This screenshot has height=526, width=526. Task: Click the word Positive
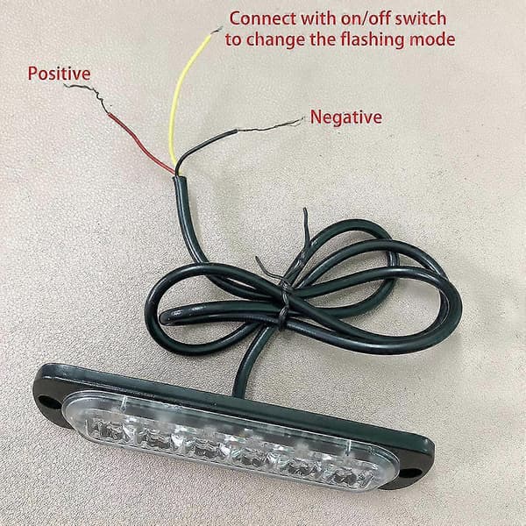(59, 74)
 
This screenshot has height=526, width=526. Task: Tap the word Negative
(346, 117)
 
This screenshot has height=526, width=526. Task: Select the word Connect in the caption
(263, 18)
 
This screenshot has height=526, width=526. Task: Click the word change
(275, 40)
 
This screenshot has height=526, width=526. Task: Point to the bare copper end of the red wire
(87, 96)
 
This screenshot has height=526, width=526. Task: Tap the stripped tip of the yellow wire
(216, 30)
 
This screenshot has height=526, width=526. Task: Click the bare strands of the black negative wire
(270, 124)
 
